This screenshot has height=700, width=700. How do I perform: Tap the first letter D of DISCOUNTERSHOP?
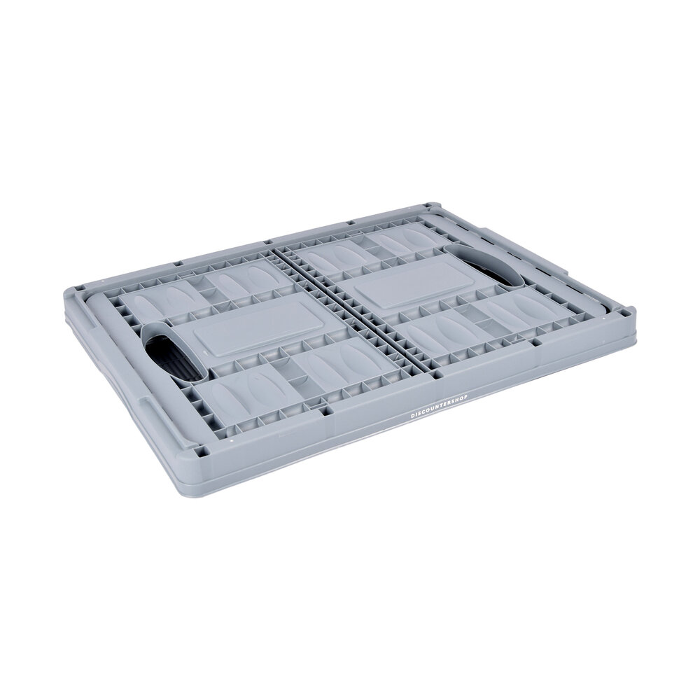(412, 415)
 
